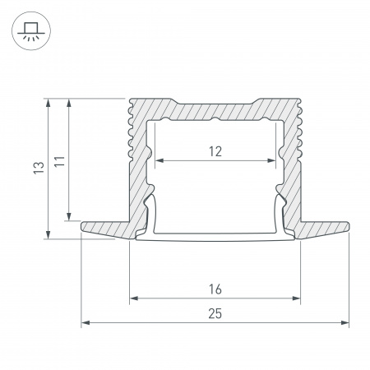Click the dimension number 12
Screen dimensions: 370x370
pos(215,151)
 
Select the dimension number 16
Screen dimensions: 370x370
pos(215,289)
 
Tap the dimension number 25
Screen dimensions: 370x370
pos(215,314)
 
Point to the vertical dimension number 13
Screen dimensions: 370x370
pos(39,168)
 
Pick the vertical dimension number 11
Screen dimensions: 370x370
pos(59,161)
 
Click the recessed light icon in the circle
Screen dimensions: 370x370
pos(31,31)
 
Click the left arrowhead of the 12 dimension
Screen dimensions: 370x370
pos(160,160)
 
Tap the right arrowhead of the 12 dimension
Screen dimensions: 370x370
pos(271,160)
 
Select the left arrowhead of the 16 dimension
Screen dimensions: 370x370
pos(134,298)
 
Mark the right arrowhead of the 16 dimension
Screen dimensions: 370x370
pos(297,298)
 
